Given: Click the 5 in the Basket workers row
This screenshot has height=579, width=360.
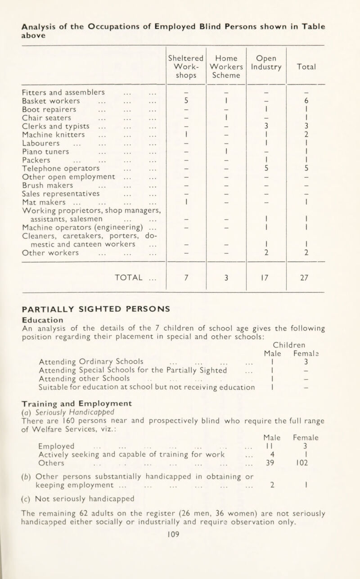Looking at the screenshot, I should [x=186, y=100].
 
